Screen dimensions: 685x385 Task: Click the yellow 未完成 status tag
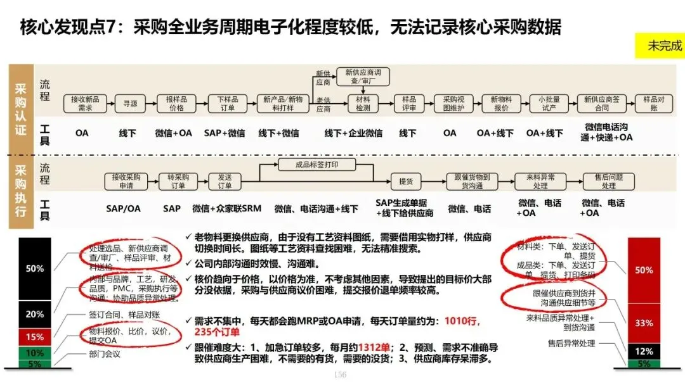660,46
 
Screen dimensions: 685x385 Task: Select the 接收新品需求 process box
86,103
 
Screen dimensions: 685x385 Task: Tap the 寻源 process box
130,103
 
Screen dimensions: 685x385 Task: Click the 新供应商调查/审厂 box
362,77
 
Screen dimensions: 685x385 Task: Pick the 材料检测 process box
363,103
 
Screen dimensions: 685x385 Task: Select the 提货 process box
406,181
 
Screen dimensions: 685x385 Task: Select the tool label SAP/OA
124,208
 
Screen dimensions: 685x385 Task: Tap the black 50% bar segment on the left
35,268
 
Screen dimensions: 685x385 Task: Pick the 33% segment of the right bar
643,322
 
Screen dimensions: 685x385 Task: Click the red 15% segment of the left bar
35,337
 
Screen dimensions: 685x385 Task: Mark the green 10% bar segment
35,353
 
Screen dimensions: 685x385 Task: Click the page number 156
341,376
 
